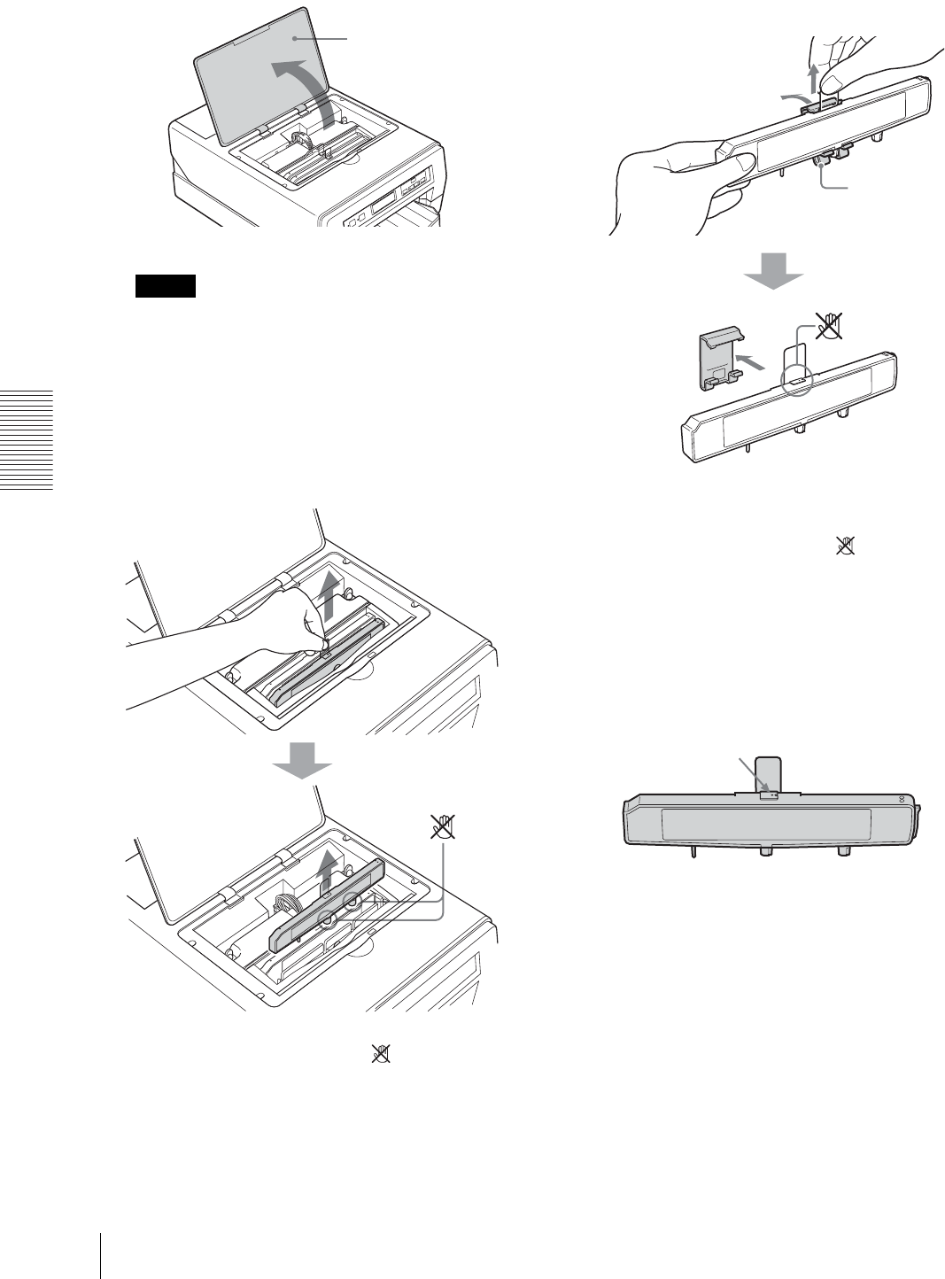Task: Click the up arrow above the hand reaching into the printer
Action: (x=329, y=593)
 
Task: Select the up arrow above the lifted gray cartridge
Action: (x=327, y=869)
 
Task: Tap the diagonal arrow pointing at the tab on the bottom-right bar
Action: (x=753, y=779)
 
